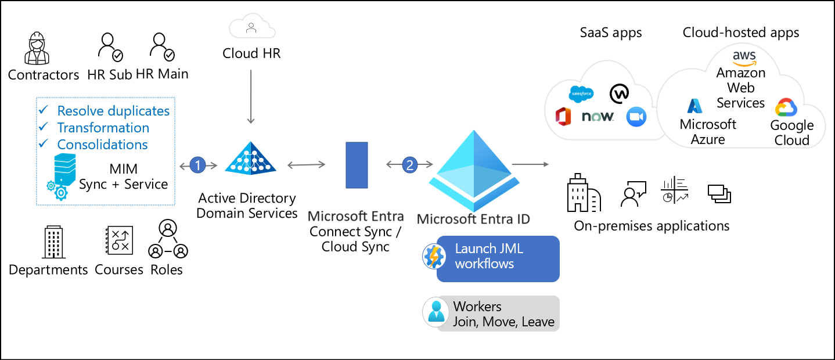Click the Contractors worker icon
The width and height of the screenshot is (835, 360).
[37, 48]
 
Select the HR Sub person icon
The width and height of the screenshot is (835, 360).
[110, 48]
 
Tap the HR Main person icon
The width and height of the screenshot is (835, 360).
[161, 48]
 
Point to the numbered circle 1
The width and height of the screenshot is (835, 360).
[198, 165]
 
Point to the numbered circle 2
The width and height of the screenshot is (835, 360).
[410, 165]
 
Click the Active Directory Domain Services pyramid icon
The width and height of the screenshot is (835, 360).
[251, 157]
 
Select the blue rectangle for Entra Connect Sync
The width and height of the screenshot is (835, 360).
[357, 165]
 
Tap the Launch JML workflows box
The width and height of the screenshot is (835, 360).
[498, 258]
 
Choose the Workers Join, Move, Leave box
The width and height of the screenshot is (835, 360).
[491, 314]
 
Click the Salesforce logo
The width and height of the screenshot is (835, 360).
[581, 93]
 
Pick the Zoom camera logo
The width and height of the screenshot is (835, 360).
[636, 117]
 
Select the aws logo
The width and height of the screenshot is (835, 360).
[744, 56]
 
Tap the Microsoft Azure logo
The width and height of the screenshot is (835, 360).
[694, 106]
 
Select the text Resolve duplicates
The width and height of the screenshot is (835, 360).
[113, 111]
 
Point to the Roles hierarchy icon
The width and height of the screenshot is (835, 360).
[168, 240]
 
